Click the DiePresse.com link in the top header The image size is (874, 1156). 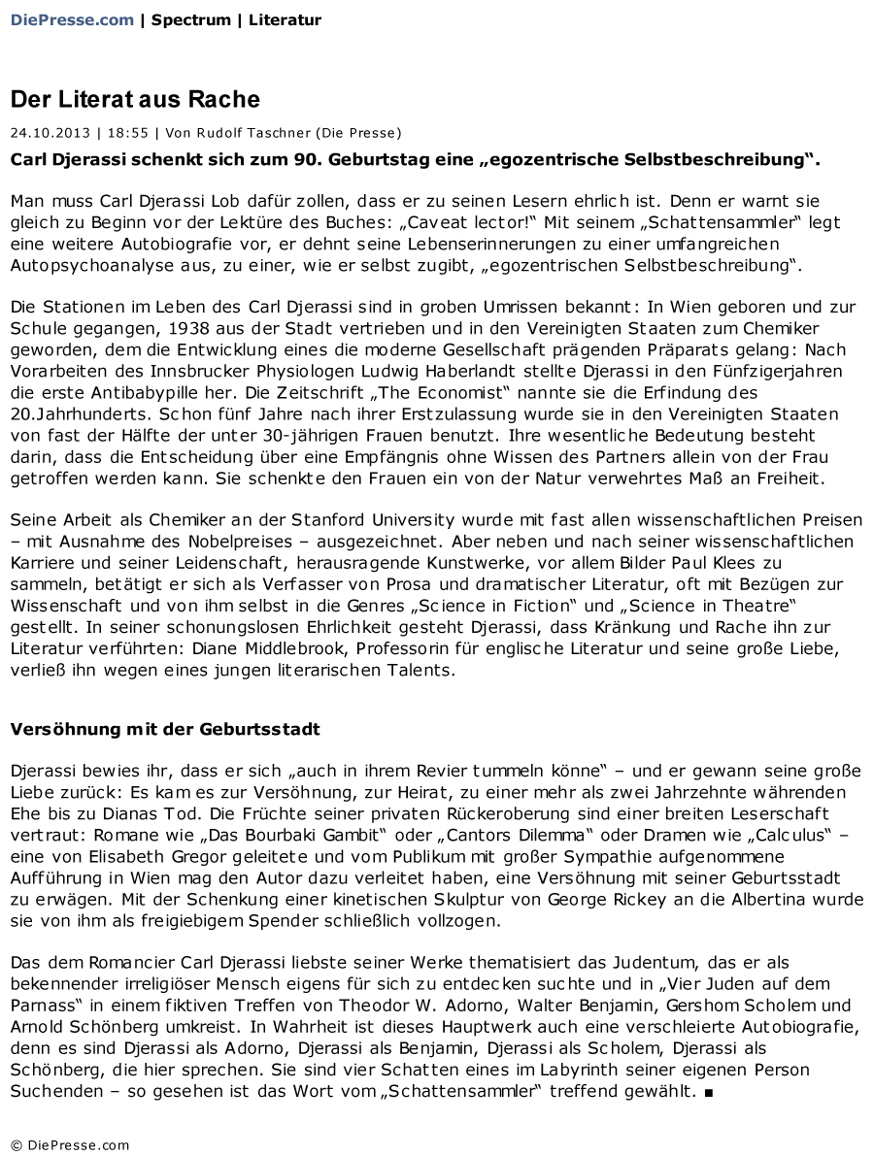pos(72,19)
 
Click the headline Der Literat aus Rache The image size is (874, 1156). pos(135,99)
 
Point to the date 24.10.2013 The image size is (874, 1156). pos(50,133)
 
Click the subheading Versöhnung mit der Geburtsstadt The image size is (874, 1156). pos(165,728)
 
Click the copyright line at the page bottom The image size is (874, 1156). pos(70,1144)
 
